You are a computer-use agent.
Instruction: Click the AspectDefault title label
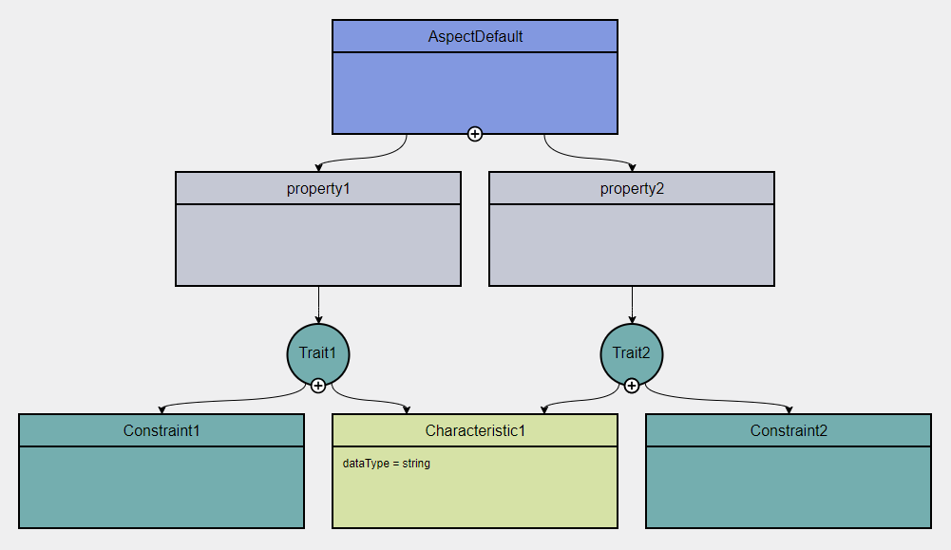click(475, 37)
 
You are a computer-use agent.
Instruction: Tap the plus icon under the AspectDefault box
click(475, 134)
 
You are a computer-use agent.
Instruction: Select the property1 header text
click(318, 188)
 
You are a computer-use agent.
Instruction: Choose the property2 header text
click(632, 188)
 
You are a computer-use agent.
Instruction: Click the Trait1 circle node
click(318, 352)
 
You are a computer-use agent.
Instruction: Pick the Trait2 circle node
click(632, 352)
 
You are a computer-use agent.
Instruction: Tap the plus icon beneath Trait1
click(318, 385)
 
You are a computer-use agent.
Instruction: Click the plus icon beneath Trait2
click(632, 385)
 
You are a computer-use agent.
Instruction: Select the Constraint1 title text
click(162, 430)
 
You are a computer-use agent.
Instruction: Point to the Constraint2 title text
click(789, 430)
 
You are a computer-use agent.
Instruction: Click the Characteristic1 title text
click(475, 430)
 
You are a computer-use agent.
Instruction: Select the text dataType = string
click(387, 464)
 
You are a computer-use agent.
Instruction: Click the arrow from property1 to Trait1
click(318, 304)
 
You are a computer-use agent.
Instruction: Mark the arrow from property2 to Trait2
click(632, 304)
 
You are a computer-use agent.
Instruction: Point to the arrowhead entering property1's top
click(318, 168)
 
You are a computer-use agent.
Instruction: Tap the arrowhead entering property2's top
click(632, 168)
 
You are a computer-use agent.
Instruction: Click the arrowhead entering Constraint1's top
click(162, 410)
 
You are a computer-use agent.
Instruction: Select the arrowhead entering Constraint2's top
click(789, 410)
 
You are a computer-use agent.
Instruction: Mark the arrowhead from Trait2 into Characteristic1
click(543, 410)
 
